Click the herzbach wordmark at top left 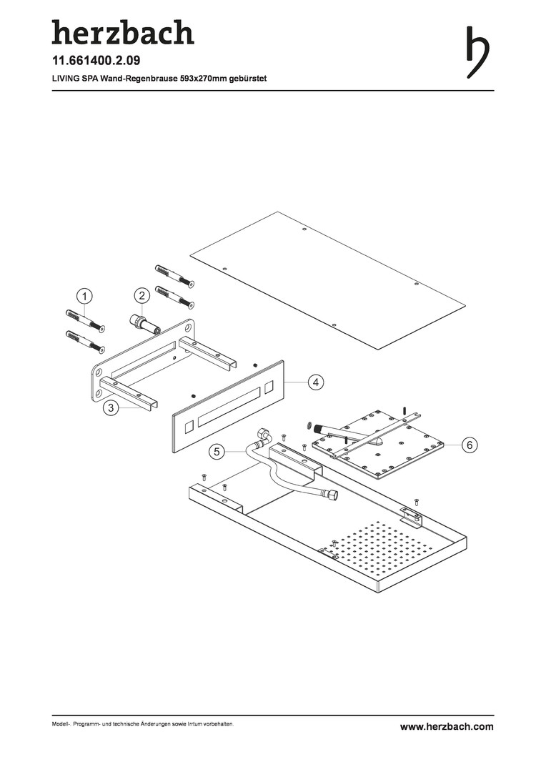click(x=123, y=32)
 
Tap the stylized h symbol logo click(x=477, y=51)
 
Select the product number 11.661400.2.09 click(x=96, y=61)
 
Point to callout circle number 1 click(x=84, y=297)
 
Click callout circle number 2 click(x=142, y=295)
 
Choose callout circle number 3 click(x=111, y=407)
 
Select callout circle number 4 click(x=316, y=382)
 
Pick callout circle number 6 click(x=470, y=445)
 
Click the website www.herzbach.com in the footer click(x=447, y=727)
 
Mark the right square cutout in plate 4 click(x=269, y=387)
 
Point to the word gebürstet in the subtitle click(x=249, y=79)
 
